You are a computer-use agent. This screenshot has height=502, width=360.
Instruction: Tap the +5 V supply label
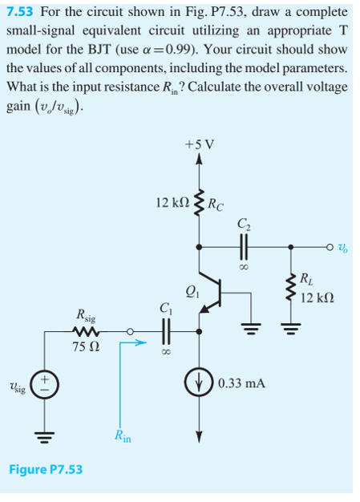pyautogui.click(x=197, y=145)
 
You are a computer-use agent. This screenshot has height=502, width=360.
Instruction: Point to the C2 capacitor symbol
pyautogui.click(x=241, y=247)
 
